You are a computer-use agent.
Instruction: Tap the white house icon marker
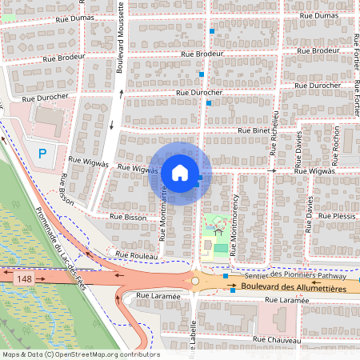(x=180, y=172)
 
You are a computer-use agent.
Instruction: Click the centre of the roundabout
(x=195, y=281)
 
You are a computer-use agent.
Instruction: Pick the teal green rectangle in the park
(x=221, y=248)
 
